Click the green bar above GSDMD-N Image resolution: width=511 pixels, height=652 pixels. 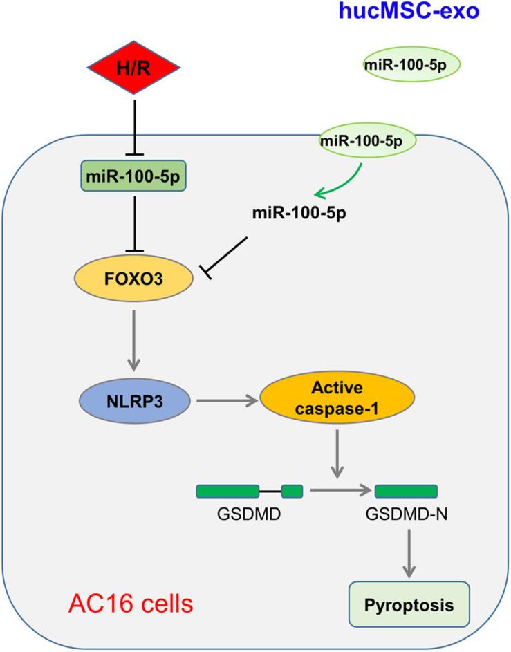(406, 492)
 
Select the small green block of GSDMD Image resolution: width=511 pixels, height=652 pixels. (292, 492)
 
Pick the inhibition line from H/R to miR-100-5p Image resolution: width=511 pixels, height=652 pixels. (133, 124)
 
